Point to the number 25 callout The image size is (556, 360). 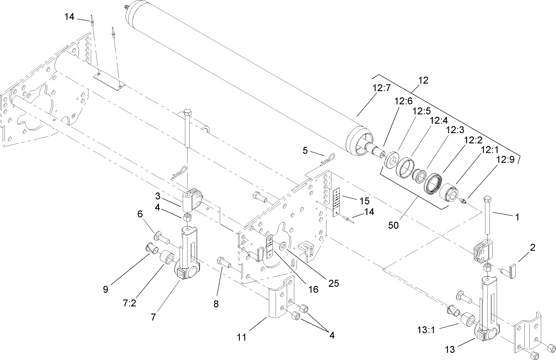(x=333, y=283)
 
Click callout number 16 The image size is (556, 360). (x=313, y=289)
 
